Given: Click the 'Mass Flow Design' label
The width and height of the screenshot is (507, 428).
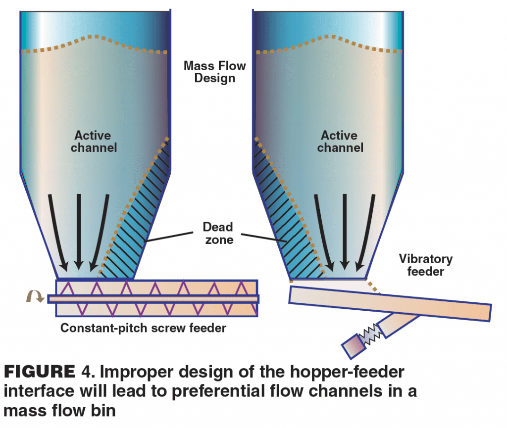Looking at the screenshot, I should coord(214,72).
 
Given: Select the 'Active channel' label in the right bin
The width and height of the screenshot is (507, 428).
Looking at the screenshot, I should coord(340,141).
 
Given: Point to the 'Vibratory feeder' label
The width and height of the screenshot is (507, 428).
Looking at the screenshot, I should coord(425,265).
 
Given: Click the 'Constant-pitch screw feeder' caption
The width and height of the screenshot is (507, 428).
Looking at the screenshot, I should coord(143,328).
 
